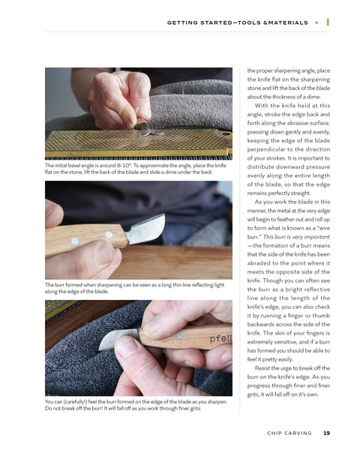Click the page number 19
(x=326, y=433)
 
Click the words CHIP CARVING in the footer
(x=289, y=433)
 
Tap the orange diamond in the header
(x=316, y=22)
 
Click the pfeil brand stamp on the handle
(x=220, y=339)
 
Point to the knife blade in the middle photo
(x=146, y=229)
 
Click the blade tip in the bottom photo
(x=100, y=349)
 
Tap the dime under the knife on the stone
(x=157, y=132)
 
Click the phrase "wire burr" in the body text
(x=288, y=232)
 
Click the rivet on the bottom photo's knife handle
(x=180, y=335)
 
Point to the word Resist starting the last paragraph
(x=262, y=368)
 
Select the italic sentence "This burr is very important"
(x=296, y=237)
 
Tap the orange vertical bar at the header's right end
(x=328, y=22)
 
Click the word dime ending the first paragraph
(x=313, y=97)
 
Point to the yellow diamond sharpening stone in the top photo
(x=138, y=142)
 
